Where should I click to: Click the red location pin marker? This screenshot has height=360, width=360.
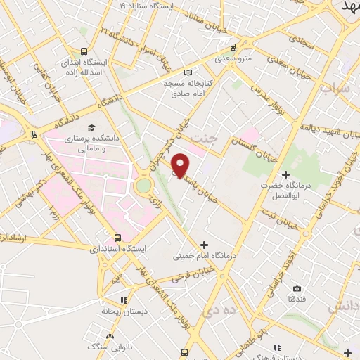click(181, 166)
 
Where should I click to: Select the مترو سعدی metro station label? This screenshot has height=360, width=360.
click(233, 59)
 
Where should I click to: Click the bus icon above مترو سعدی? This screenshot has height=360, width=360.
click(233, 47)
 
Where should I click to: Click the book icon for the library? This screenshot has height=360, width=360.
click(187, 72)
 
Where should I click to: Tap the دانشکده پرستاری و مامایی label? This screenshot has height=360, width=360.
click(94, 144)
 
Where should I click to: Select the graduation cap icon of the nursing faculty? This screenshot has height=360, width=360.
click(91, 127)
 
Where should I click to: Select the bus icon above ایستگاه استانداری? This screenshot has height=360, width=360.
click(117, 238)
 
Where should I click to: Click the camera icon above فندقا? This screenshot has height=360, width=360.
click(297, 288)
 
